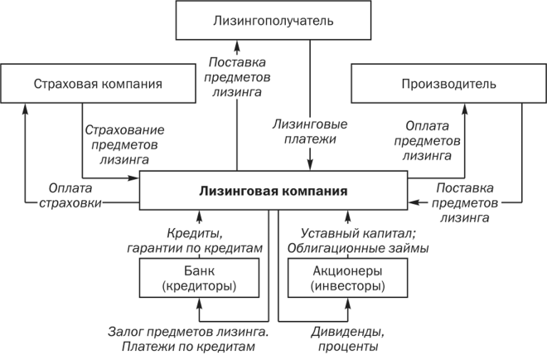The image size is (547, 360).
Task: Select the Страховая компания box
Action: click(97, 84)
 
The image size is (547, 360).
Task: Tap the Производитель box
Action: click(448, 84)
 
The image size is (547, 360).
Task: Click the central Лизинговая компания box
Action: click(273, 190)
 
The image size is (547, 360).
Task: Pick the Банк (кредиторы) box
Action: click(199, 278)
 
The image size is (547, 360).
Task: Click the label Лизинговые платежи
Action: click(310, 132)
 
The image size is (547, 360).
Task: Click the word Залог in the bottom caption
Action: click(126, 331)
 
